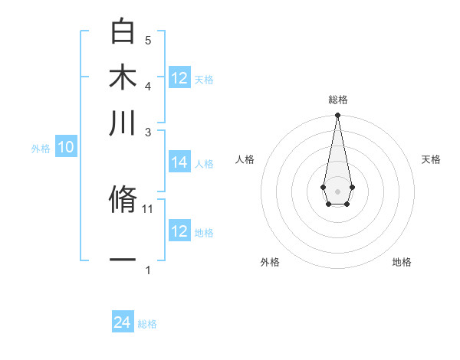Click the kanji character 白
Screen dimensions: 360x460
(123, 31)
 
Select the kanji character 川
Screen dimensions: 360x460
(123, 123)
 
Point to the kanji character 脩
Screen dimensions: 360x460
(123, 198)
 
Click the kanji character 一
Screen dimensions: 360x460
(123, 260)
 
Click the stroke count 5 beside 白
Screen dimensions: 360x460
(148, 40)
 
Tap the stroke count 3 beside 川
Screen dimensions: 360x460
(148, 132)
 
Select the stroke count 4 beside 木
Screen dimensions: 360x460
(148, 86)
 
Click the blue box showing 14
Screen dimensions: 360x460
(179, 162)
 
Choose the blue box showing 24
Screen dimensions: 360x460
(123, 322)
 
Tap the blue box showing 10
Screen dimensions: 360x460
(66, 148)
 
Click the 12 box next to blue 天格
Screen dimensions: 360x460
(179, 77)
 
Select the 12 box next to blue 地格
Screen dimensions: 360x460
(179, 231)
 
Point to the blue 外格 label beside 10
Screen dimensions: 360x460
(41, 149)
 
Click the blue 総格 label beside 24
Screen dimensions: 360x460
(147, 324)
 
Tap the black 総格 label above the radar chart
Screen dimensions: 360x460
(337, 100)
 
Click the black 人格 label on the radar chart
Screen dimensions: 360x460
(245, 159)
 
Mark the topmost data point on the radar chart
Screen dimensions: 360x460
(337, 116)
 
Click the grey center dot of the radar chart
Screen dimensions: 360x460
(337, 190)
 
